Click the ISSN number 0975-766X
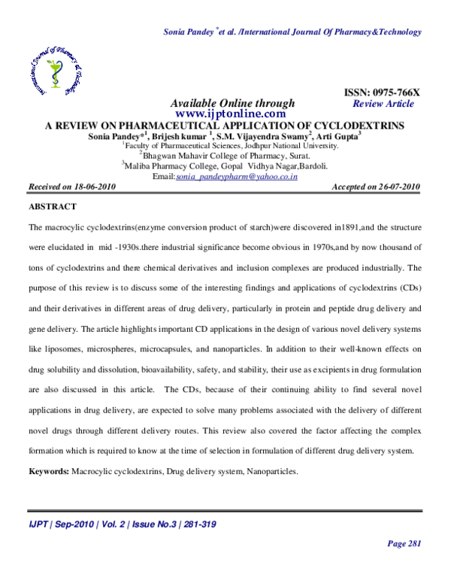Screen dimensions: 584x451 [x=395, y=93]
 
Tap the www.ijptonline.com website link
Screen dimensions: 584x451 [x=232, y=114]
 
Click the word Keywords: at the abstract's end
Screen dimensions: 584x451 [x=48, y=471]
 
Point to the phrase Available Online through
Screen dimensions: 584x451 [x=232, y=103]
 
